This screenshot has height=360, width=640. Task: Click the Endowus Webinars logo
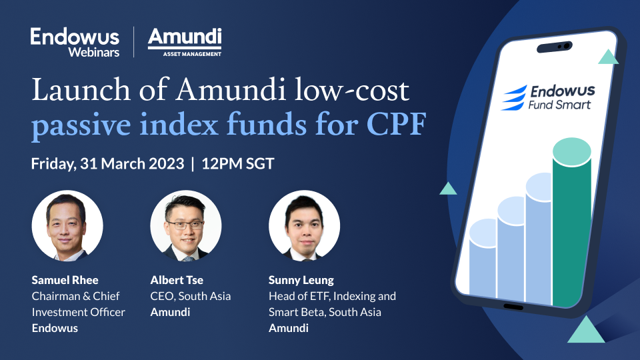pyautogui.click(x=75, y=42)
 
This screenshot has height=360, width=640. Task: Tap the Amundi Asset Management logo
pyautogui.click(x=185, y=42)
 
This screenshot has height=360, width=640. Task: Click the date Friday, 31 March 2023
pyautogui.click(x=107, y=164)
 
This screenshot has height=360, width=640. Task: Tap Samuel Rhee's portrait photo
pyautogui.click(x=67, y=225)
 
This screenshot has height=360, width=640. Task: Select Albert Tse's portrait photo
pyautogui.click(x=185, y=225)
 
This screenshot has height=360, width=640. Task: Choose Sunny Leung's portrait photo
pyautogui.click(x=304, y=225)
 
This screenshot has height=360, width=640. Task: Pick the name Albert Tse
pyautogui.click(x=177, y=280)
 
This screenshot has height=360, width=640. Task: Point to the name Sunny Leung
pyautogui.click(x=301, y=280)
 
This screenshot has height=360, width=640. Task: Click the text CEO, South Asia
pyautogui.click(x=189, y=296)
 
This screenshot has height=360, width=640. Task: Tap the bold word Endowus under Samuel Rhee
pyautogui.click(x=55, y=327)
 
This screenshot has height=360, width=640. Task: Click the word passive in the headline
pyautogui.click(x=73, y=124)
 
